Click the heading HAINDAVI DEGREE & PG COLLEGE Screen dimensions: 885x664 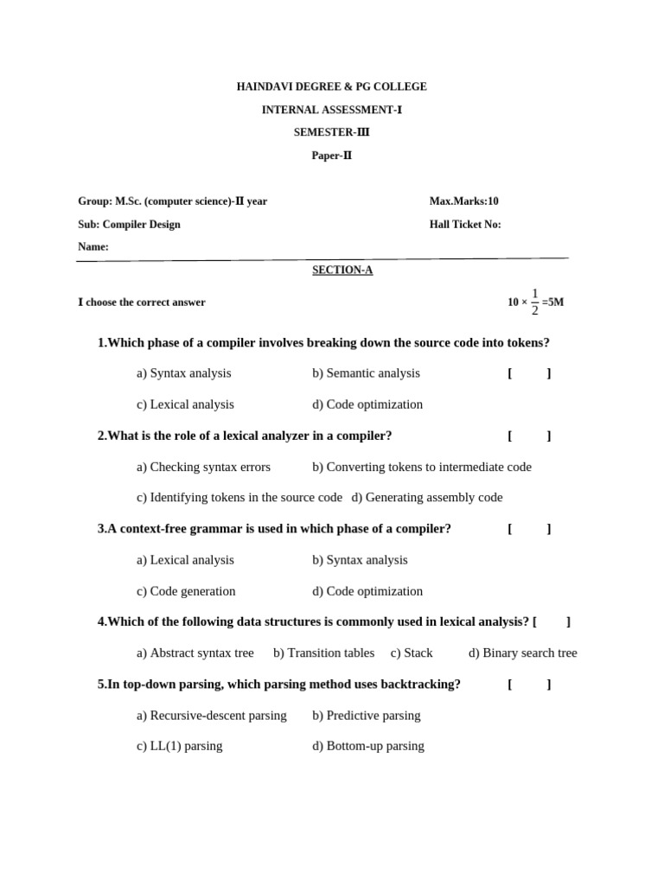coord(331,86)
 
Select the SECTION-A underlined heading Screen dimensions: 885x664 coord(342,270)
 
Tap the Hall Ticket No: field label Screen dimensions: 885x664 coord(465,225)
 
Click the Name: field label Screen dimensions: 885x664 coord(93,247)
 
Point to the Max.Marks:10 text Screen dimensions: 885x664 coord(463,201)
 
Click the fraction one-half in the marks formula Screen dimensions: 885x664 coord(535,302)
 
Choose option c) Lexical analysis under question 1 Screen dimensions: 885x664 coord(185,404)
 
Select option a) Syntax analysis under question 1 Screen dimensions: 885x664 coord(183,373)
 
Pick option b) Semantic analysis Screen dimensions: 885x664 coord(366,373)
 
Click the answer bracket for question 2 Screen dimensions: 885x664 coord(529,436)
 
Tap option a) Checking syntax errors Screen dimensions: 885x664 coord(203,467)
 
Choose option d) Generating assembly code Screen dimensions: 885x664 coord(427,498)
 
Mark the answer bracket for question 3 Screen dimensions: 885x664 coord(529,529)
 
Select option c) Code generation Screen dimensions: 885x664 coord(186,591)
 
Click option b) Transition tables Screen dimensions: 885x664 coord(323,653)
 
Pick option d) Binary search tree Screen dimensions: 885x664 coord(522,653)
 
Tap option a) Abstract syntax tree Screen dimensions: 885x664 coord(195,653)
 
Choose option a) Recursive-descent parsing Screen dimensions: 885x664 coord(211,716)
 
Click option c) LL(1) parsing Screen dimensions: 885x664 coord(179,746)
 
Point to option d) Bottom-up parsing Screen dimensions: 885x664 coord(367,746)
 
